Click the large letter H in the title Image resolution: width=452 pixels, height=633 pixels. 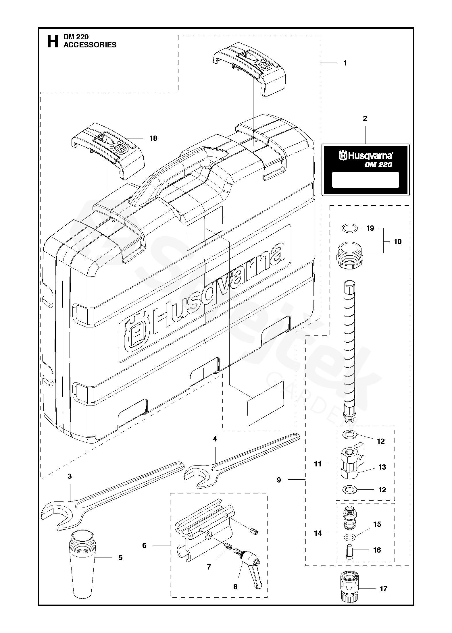(x=53, y=41)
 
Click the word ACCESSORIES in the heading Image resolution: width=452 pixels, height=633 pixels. (x=90, y=45)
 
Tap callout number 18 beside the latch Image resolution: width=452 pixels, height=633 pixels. (x=153, y=138)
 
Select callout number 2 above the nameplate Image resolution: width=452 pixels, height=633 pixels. (x=365, y=118)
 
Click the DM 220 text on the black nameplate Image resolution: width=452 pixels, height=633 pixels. (x=378, y=165)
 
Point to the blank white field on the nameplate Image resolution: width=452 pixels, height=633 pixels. (x=365, y=180)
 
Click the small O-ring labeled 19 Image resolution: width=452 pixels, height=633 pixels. (x=350, y=229)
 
